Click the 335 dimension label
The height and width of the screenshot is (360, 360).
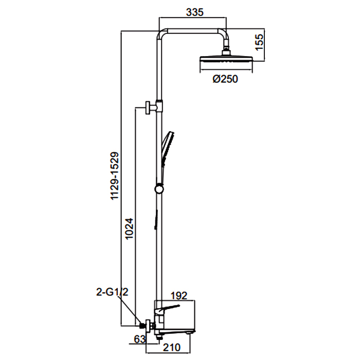(195, 12)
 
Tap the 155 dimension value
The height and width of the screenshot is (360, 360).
(259, 42)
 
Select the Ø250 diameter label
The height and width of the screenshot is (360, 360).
(225, 79)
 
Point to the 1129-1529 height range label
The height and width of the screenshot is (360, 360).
(115, 176)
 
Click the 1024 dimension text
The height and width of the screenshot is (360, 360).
(129, 229)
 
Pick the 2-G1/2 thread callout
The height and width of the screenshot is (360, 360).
(112, 292)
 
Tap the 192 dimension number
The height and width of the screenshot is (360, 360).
(179, 296)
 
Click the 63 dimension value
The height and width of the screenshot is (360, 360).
(140, 339)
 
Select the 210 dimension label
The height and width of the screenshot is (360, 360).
(171, 347)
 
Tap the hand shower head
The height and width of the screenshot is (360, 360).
(167, 147)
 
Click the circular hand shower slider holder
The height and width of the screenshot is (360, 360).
(159, 189)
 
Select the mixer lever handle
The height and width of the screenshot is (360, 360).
(167, 309)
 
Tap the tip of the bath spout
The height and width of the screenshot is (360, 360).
(194, 331)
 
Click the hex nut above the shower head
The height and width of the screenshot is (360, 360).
(226, 52)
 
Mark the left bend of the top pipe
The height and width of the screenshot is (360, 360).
(160, 32)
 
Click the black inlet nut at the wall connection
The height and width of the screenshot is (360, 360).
(142, 326)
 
